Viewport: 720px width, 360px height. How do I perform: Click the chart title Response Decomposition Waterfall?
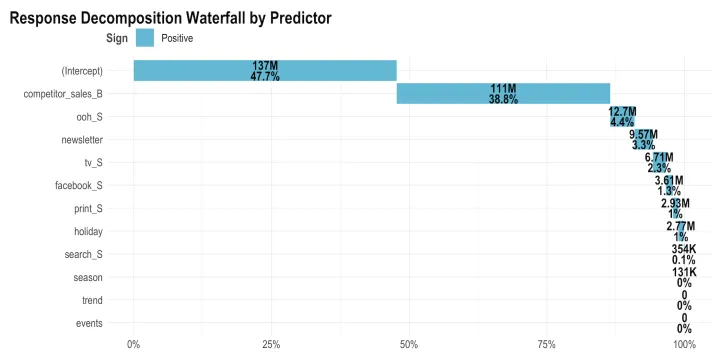[170, 18]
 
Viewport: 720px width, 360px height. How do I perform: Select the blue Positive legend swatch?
[145, 38]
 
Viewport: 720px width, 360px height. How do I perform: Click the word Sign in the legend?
[118, 38]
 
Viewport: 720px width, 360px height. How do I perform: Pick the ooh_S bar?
[622, 116]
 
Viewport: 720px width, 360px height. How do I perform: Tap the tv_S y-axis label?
[93, 163]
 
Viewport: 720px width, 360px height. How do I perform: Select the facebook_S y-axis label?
[78, 186]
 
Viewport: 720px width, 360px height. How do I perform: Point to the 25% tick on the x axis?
[271, 345]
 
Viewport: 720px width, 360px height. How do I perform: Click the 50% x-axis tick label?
[409, 345]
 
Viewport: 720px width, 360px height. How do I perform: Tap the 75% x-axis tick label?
[546, 345]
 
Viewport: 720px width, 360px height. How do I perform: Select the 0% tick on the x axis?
[133, 345]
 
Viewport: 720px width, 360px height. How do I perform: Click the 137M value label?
[265, 65]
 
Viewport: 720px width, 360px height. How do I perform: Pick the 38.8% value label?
[503, 100]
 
